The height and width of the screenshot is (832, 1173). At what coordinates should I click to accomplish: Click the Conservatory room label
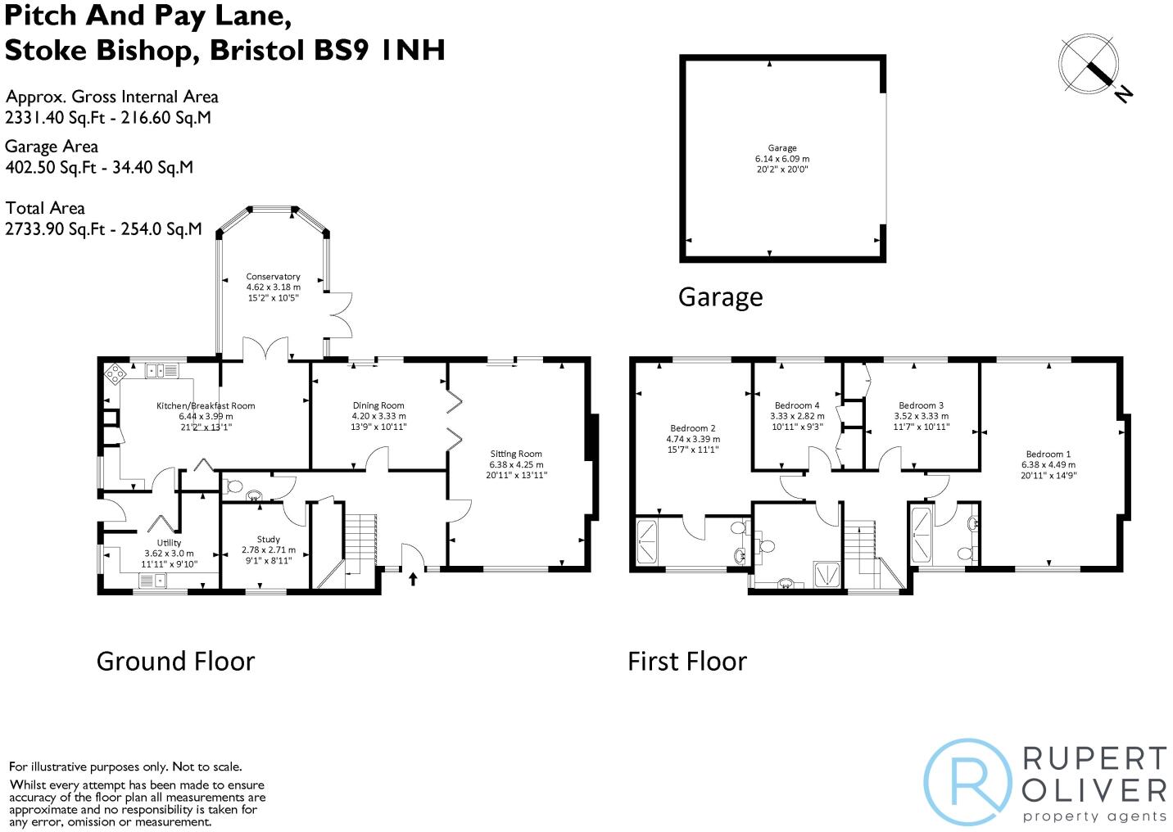click(x=273, y=277)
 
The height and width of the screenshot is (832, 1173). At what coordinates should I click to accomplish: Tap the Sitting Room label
click(x=516, y=454)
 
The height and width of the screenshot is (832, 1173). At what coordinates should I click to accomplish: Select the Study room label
click(x=268, y=540)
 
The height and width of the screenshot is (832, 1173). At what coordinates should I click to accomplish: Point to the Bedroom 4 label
click(x=797, y=405)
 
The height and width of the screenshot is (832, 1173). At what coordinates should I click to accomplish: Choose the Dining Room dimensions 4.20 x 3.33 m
click(x=378, y=416)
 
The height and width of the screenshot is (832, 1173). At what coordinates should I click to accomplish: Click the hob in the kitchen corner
click(x=115, y=374)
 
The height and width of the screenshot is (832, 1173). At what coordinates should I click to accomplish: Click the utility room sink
click(x=153, y=580)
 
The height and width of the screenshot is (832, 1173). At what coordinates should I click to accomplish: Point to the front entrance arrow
click(x=413, y=579)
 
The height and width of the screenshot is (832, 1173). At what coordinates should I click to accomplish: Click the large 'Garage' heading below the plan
click(x=720, y=297)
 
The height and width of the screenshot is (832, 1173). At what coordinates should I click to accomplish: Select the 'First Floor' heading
click(x=687, y=661)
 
